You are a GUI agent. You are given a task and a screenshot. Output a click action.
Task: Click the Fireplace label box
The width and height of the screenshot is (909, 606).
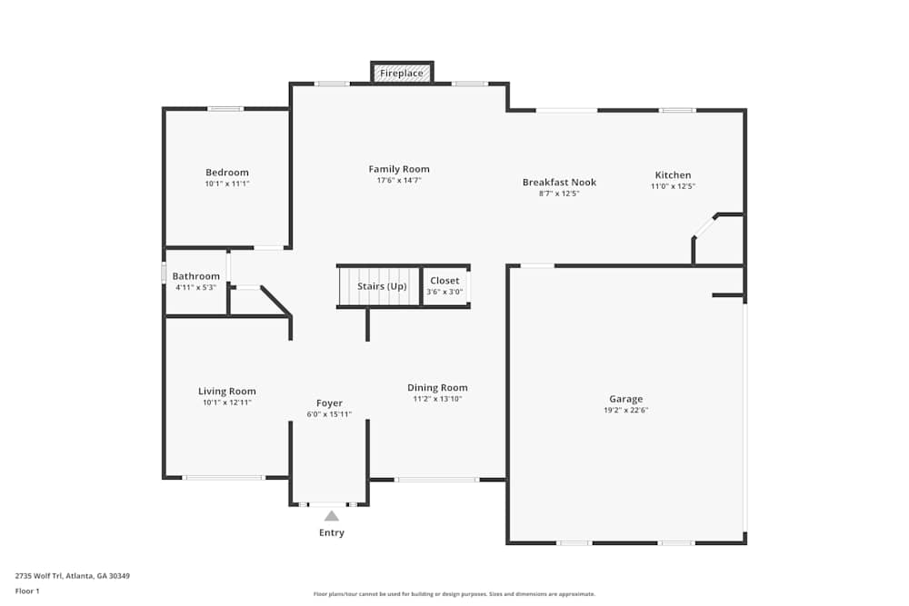(401, 73)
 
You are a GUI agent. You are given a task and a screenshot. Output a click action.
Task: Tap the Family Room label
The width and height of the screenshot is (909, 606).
(399, 169)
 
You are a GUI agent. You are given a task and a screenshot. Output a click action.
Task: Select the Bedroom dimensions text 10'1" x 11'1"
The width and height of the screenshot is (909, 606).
(226, 184)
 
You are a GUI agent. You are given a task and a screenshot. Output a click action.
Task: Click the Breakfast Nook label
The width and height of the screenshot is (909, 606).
(559, 182)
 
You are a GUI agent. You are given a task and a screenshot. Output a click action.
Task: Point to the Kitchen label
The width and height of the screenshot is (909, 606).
(673, 175)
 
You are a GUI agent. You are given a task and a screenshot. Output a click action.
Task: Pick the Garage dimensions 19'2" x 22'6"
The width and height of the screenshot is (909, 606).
(625, 410)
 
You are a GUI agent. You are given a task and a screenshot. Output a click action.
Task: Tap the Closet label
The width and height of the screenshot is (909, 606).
(445, 281)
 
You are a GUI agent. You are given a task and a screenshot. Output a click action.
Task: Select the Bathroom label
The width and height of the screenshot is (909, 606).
(196, 276)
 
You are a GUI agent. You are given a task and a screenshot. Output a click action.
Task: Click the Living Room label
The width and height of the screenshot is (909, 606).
(227, 392)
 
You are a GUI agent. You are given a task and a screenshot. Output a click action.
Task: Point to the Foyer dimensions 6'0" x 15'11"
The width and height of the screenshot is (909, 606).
(329, 414)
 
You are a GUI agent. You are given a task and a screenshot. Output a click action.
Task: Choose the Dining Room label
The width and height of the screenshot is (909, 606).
(437, 388)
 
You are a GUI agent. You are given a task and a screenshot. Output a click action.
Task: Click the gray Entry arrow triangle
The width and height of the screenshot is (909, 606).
(332, 516)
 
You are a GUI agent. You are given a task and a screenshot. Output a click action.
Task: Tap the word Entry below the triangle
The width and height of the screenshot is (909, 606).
(332, 532)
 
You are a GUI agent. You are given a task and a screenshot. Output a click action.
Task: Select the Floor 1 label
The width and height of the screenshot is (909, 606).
(27, 591)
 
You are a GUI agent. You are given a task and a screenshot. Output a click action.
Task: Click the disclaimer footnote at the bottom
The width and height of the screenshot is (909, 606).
(454, 593)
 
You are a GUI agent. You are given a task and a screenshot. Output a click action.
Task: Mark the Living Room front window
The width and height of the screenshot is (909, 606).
(224, 477)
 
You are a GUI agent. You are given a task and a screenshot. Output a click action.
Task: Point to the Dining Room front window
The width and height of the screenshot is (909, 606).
(436, 480)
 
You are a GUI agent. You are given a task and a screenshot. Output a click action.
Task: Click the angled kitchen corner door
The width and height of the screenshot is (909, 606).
(704, 226)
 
